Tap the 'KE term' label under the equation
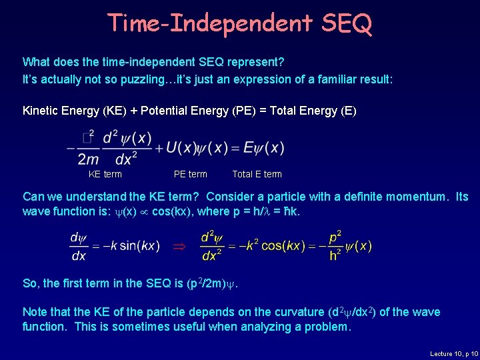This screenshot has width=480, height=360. tap(105, 174)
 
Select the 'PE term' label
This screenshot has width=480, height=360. tap(190, 174)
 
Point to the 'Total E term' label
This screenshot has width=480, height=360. tap(257, 174)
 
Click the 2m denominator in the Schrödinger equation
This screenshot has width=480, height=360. tap(89, 159)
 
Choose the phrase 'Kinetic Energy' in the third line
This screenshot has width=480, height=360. tap(61, 111)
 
